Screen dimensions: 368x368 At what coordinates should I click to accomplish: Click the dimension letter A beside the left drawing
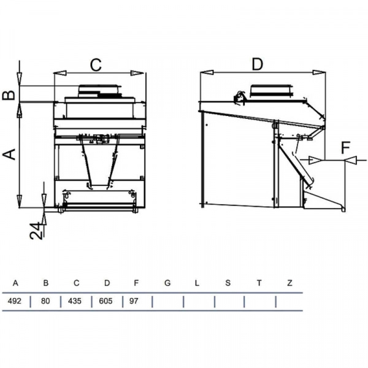tap(9, 154)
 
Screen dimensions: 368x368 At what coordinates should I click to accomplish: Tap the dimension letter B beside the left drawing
tap(9, 95)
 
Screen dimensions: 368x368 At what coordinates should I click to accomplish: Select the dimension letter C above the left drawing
tap(96, 65)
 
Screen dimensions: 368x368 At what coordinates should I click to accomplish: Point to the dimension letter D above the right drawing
tap(258, 64)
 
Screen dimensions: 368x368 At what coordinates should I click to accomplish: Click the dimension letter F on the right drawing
tap(345, 148)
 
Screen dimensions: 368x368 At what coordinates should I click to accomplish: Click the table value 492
tap(14, 301)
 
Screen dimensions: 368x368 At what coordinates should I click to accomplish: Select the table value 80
tap(45, 301)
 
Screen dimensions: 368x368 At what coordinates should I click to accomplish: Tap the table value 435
tap(75, 301)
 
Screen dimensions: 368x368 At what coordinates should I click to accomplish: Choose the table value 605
tap(105, 301)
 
